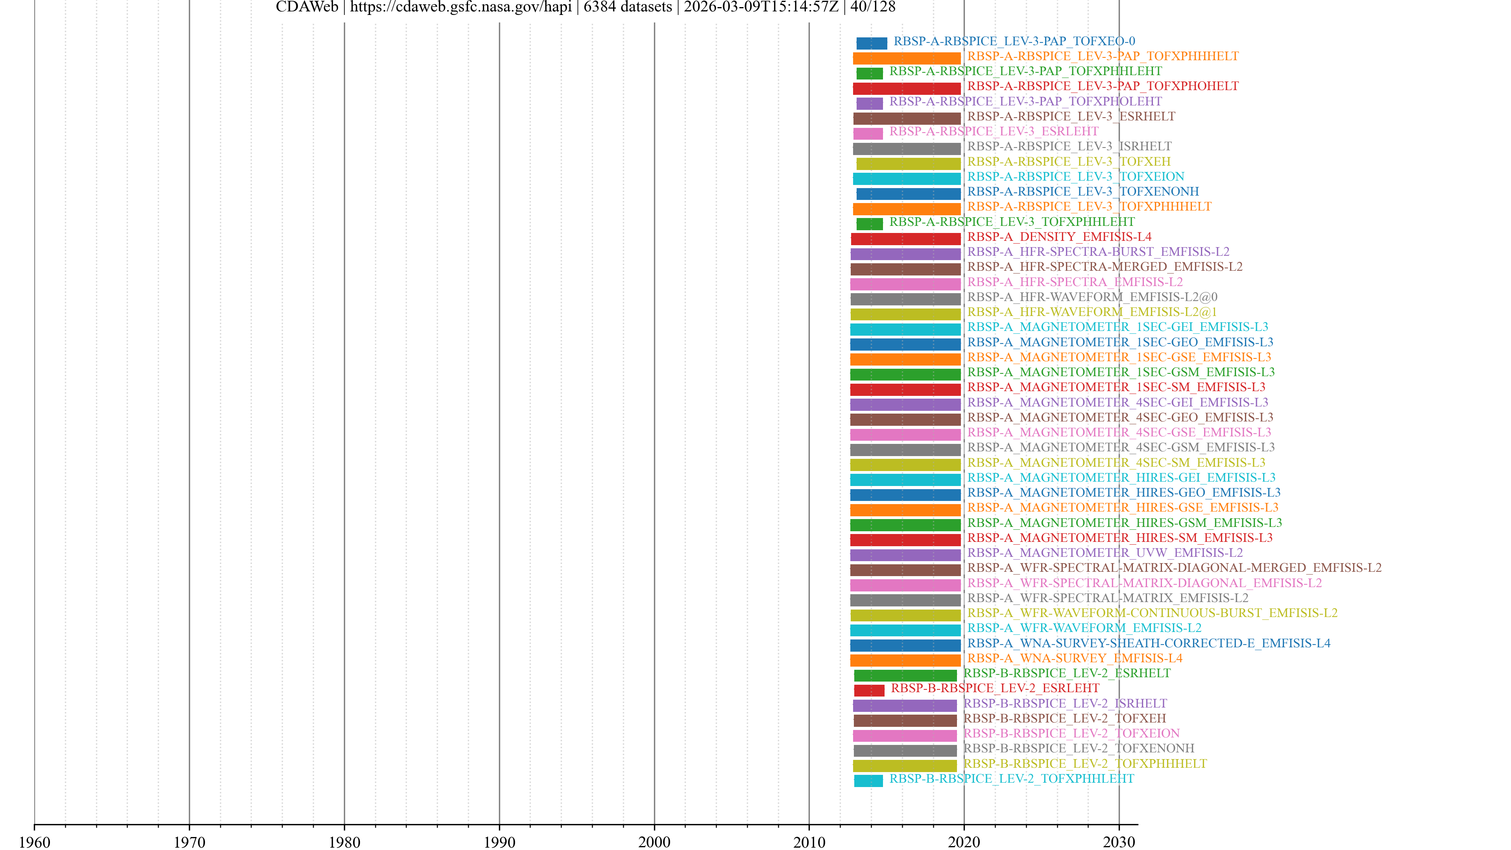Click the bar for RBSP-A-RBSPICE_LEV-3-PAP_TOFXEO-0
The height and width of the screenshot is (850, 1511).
tap(871, 43)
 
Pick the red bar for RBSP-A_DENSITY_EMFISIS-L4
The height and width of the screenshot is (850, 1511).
tap(906, 239)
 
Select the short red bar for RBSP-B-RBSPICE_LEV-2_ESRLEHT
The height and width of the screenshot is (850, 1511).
tap(869, 691)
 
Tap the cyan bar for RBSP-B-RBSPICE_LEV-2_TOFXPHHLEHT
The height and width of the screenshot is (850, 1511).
tap(868, 781)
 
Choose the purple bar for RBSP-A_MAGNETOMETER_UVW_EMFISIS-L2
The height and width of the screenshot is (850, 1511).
tap(905, 555)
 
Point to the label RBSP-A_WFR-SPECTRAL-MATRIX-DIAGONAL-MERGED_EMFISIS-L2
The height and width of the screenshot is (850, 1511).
tap(1174, 568)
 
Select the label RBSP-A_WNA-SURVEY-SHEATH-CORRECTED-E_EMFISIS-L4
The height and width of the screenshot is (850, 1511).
tap(1149, 643)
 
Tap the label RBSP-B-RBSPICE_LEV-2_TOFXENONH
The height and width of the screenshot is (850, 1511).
tap(1078, 748)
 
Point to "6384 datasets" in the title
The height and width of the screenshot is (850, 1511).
tap(628, 7)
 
